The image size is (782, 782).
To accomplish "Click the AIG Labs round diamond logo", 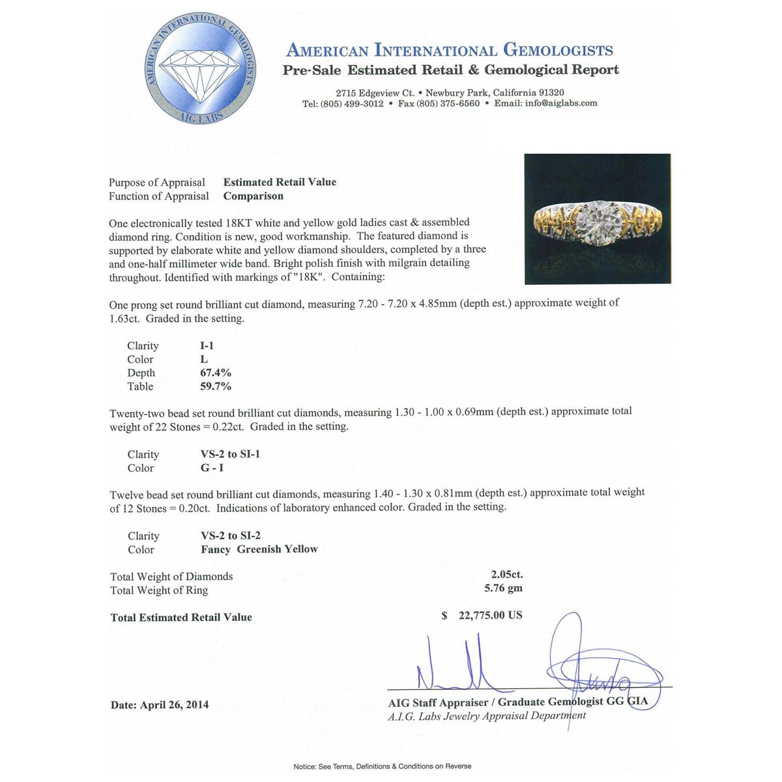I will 199,70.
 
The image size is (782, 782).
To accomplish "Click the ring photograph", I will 598,219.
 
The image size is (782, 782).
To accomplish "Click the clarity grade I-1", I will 207,345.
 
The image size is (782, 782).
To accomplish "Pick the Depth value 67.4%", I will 215,373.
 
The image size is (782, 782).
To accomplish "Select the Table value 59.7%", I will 216,386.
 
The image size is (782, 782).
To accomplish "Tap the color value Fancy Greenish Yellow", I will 259,549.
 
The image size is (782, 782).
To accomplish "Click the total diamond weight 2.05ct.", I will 506,575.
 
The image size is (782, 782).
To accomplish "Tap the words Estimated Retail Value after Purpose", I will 280,182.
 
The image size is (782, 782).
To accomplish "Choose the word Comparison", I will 253,196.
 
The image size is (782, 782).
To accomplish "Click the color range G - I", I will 212,468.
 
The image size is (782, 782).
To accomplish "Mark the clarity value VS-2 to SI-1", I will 230,454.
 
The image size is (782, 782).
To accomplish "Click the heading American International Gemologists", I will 450,50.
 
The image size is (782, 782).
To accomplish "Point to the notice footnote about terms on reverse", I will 382,766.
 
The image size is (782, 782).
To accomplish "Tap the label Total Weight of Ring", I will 159,590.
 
